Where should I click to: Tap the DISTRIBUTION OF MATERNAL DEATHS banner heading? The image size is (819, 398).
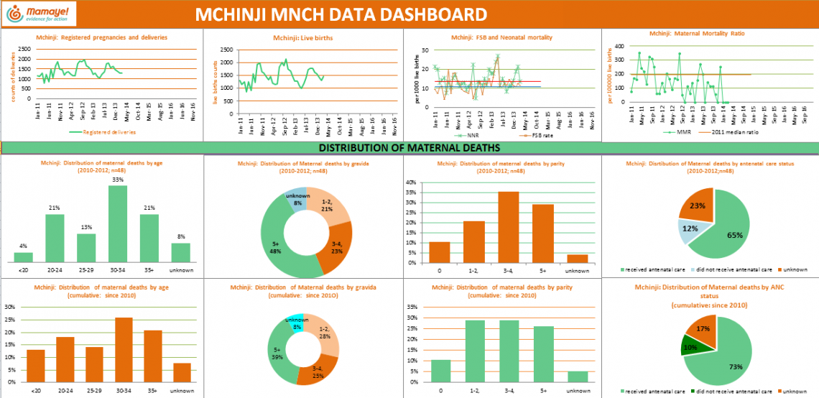(x=409, y=148)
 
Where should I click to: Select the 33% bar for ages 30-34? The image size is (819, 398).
(x=119, y=223)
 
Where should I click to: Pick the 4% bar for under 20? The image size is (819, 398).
(x=24, y=257)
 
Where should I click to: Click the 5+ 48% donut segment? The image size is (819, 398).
(x=278, y=244)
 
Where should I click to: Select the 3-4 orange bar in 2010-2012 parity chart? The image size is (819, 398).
(x=509, y=227)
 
